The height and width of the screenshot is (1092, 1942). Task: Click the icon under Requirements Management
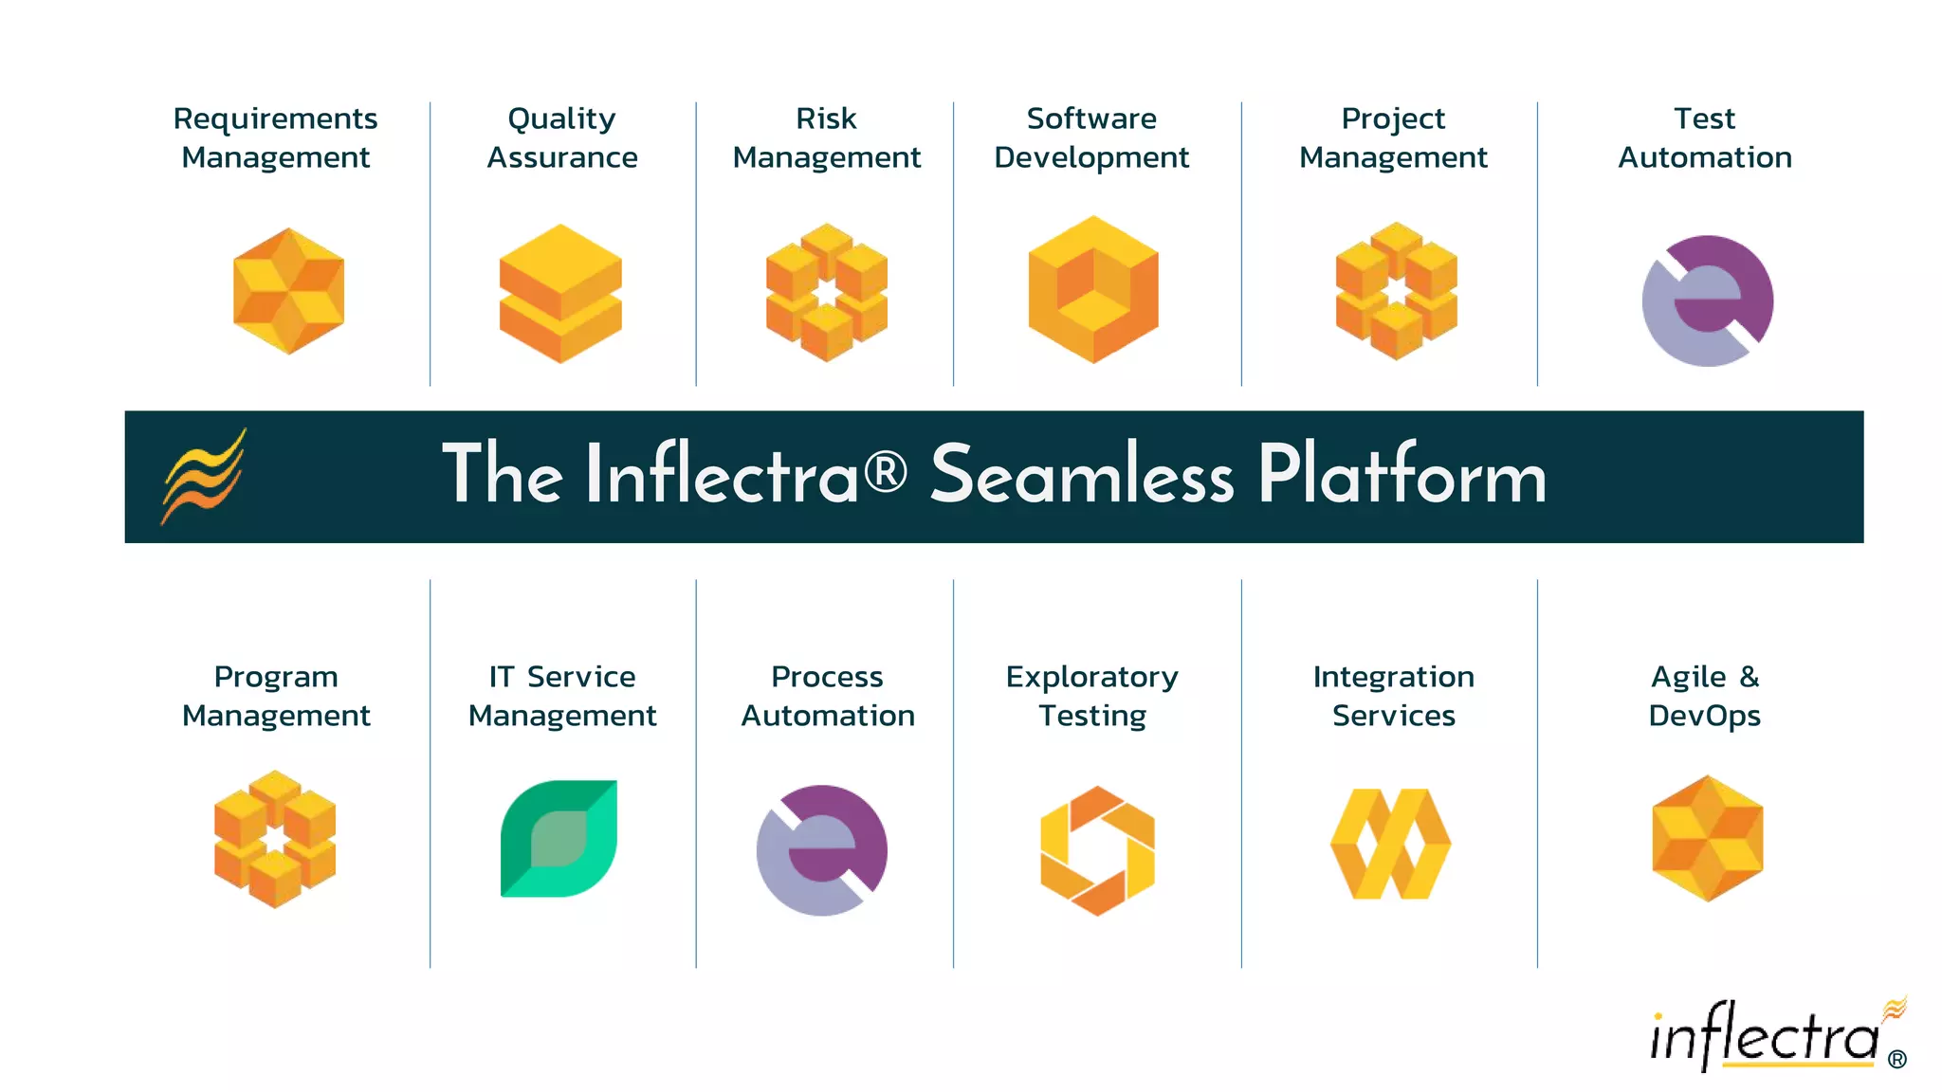288,291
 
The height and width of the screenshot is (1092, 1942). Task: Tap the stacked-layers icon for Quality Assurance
560,293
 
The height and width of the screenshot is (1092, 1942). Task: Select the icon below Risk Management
827,292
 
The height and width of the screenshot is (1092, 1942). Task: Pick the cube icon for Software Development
1093,289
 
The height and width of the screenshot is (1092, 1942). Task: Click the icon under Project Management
1396,291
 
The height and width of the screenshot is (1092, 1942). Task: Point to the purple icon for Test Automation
1708,300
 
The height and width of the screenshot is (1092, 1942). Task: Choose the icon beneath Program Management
275,839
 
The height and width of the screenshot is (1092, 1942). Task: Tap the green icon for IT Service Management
559,838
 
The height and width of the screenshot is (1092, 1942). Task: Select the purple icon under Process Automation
822,849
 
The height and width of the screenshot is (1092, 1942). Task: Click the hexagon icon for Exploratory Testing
1097,850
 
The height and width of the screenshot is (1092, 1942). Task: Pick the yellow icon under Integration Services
1390,844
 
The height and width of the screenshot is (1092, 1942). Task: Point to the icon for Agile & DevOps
1707,839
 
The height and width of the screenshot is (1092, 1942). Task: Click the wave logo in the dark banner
204,476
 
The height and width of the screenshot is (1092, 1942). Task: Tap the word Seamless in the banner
1082,475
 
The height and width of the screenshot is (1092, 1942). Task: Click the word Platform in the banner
1402,475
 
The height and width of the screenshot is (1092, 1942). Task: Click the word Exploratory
1091,678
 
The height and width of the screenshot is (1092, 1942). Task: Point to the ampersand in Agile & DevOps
1750,677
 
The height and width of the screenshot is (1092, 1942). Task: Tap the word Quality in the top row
561,119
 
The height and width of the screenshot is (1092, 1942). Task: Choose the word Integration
1393,677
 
